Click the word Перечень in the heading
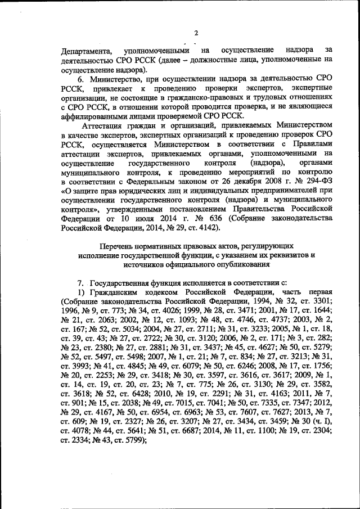(x=118, y=246)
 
